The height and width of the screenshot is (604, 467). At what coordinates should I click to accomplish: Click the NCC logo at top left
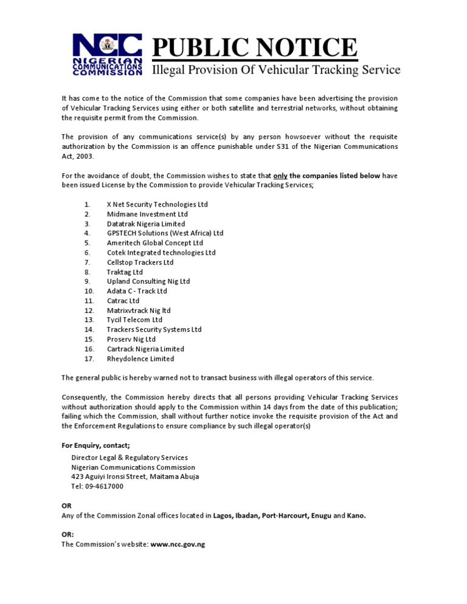108,54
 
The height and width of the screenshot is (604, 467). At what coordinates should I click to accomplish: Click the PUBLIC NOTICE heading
254,47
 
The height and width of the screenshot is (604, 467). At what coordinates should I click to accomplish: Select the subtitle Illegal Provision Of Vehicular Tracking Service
275,70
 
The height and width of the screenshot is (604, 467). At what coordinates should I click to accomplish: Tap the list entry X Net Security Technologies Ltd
157,204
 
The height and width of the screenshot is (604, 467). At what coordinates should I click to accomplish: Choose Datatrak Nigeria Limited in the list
146,224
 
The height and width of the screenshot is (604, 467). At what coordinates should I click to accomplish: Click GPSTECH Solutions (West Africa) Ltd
165,233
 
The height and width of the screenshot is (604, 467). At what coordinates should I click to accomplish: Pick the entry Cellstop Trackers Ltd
140,262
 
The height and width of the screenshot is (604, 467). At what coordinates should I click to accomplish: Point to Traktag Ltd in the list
125,272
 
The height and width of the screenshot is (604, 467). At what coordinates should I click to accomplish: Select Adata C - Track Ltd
137,291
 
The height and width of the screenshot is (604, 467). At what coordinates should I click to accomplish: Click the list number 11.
89,301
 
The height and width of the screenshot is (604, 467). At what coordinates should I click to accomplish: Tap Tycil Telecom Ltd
134,320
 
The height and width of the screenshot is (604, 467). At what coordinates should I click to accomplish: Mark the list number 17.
89,359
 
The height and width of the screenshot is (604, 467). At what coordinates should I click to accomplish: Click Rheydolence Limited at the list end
140,359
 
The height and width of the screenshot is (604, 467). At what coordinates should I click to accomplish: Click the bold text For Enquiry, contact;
95,445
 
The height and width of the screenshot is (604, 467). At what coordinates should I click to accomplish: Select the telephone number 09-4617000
106,486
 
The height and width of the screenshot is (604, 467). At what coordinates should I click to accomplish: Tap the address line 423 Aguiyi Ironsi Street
135,476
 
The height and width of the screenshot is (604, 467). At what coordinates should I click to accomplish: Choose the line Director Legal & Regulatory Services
130,458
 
